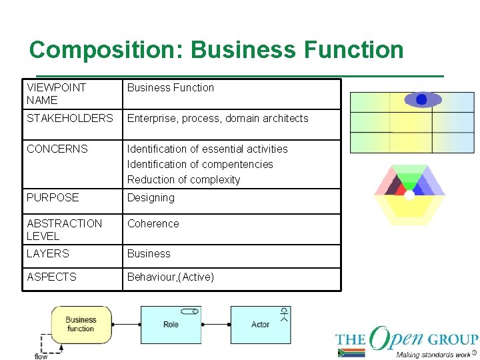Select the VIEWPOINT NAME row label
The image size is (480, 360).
pyautogui.click(x=56, y=94)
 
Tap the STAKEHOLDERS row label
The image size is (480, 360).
pyautogui.click(x=70, y=119)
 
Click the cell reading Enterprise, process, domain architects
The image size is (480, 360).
pyautogui.click(x=217, y=119)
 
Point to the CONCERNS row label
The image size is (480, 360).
pyautogui.click(x=57, y=149)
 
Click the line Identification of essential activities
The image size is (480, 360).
pyautogui.click(x=207, y=149)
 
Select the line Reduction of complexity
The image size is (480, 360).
pyautogui.click(x=183, y=179)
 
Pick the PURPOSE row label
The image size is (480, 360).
pyautogui.click(x=53, y=197)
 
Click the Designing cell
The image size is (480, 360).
pyautogui.click(x=151, y=198)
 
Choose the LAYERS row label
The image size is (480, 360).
pyautogui.click(x=48, y=253)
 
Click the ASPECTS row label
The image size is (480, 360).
pyautogui.click(x=51, y=277)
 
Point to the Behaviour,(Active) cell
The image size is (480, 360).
pyautogui.click(x=171, y=277)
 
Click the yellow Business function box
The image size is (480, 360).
pyautogui.click(x=81, y=325)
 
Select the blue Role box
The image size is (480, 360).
pyautogui.click(x=171, y=325)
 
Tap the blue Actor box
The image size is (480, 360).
pyautogui.click(x=260, y=325)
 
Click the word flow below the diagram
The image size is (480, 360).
pyautogui.click(x=41, y=357)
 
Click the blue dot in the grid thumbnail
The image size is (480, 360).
pyautogui.click(x=421, y=99)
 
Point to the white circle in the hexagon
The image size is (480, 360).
pyautogui.click(x=409, y=195)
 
